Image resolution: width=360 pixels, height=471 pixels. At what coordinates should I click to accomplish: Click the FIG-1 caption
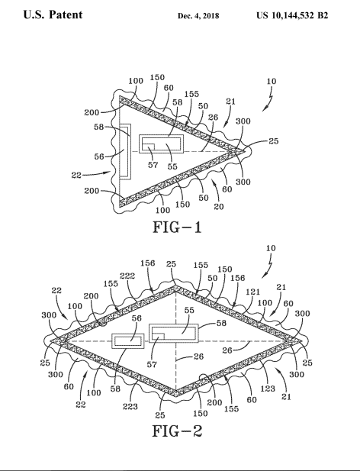pos(177,227)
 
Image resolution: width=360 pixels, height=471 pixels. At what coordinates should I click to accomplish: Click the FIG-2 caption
pos(177,431)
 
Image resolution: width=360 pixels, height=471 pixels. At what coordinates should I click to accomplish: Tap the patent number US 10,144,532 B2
pos(292,15)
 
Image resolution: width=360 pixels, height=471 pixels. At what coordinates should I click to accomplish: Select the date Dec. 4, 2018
pos(198,15)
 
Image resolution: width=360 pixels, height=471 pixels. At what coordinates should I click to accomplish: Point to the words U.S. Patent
pos(53,15)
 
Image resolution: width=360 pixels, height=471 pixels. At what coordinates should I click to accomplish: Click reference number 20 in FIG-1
pos(219,206)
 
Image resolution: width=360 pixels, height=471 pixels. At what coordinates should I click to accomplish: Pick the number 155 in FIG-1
pos(191,94)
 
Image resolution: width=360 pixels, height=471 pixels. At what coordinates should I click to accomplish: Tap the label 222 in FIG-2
pos(127,276)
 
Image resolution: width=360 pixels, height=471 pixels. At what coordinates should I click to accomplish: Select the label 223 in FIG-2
pos(130,406)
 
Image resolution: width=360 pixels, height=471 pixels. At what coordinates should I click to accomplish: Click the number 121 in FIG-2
pos(253,292)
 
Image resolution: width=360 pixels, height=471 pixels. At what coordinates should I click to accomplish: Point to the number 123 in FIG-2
pos(268,389)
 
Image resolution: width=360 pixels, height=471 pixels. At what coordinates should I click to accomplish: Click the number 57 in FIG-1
pos(153,165)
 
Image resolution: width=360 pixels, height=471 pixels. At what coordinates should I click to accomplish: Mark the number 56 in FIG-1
pos(99,156)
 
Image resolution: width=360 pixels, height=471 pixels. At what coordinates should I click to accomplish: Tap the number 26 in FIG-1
pos(214,118)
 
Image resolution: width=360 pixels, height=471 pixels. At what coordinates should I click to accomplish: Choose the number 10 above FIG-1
pos(272,81)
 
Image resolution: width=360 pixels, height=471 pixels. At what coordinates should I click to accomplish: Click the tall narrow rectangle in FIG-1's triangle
pos(125,151)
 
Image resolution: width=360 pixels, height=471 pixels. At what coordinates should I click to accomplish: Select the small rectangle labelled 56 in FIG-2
pos(128,341)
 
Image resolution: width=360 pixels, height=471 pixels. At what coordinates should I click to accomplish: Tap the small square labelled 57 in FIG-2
pos(158,337)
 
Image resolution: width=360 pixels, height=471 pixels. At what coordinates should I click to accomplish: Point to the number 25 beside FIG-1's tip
pos(273,141)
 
